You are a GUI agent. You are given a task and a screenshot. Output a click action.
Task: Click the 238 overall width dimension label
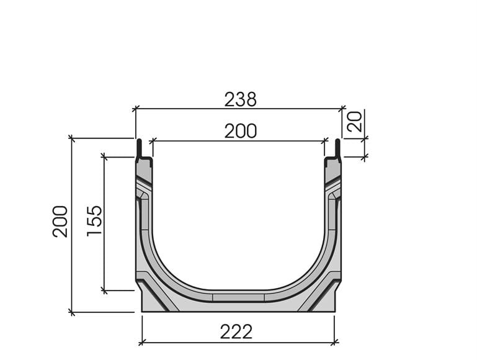coord(240,99)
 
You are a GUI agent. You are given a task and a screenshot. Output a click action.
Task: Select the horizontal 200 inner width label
coord(240,130)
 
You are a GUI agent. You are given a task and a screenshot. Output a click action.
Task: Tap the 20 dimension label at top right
coord(355,122)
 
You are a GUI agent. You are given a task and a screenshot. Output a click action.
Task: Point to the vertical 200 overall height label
coord(60,221)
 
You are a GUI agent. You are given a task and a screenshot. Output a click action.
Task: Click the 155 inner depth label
coord(94,221)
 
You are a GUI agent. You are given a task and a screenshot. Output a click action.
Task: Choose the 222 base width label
coord(236,332)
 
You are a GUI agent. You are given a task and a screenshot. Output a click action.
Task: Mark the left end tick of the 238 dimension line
coord(135,109)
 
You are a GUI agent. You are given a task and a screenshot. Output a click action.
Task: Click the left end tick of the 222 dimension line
coord(141,341)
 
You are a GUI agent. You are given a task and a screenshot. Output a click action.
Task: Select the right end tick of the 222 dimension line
coord(334,341)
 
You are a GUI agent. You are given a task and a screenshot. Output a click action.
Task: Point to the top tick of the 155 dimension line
coord(104,158)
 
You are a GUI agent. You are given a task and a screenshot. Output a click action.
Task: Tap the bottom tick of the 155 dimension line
coord(104,290)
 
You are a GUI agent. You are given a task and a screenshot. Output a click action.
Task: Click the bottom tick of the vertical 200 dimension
coord(72,312)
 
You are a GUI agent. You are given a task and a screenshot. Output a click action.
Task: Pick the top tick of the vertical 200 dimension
coord(72,138)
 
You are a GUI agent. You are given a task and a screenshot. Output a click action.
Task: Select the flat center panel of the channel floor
coord(238,297)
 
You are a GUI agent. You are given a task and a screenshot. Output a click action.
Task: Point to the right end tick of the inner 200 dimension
coord(324,141)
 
